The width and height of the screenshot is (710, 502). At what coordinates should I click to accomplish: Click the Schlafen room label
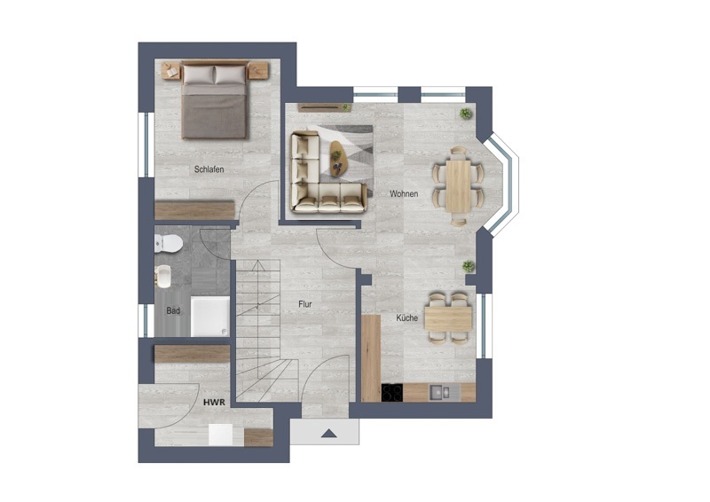pos(209,169)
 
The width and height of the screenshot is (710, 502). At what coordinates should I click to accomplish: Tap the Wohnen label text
pos(404,193)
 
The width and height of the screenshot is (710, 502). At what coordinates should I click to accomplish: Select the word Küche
pos(407,318)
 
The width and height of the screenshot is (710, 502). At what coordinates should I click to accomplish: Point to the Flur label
pos(305,304)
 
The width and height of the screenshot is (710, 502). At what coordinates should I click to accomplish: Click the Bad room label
pos(173,310)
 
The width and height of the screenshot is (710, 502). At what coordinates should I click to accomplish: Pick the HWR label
pos(214,403)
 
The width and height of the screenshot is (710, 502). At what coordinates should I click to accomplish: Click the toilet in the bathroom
pos(169,244)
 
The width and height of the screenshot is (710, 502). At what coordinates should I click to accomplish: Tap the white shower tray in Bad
pos(210,317)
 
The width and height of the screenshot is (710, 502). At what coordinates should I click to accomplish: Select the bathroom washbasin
pos(163,276)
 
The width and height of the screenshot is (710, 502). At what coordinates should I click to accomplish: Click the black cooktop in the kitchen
pos(392,392)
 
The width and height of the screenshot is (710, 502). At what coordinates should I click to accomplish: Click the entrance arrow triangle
pos(329,434)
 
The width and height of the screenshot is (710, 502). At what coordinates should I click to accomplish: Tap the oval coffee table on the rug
pos(337,158)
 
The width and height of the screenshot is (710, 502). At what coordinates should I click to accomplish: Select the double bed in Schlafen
pos(215,99)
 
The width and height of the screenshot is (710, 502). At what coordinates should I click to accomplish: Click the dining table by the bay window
pos(458,185)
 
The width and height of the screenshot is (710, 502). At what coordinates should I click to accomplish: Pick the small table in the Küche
pos(448,318)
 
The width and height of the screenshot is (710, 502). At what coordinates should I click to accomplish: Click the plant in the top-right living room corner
pos(465,114)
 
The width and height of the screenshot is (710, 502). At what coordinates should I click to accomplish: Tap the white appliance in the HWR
pos(220,435)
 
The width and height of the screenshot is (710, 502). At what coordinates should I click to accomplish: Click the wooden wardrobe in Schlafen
pos(194,210)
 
